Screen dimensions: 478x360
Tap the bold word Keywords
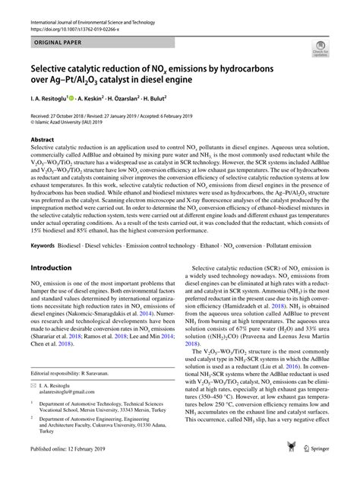pyautogui.click(x=45, y=245)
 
